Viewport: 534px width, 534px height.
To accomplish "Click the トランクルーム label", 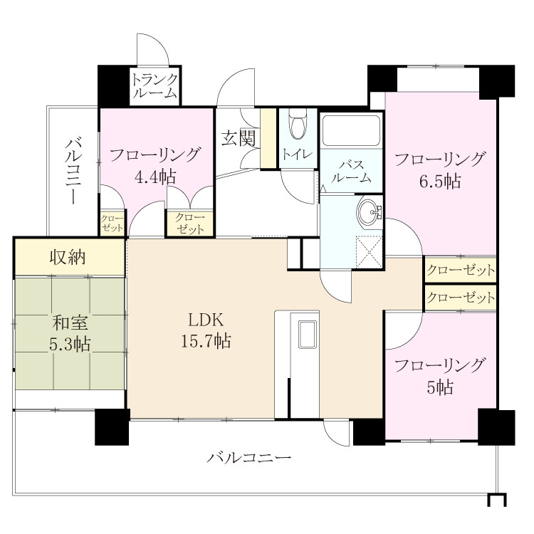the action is [155, 86].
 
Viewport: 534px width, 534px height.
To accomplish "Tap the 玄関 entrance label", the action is [239, 138].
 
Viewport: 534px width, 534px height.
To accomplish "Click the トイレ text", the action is [298, 155].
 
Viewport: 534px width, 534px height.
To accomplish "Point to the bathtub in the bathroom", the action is [351, 131].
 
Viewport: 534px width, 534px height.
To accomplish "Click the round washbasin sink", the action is [369, 212].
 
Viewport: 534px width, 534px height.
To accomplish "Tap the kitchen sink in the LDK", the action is [308, 335].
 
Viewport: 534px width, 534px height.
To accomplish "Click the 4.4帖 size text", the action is [155, 177].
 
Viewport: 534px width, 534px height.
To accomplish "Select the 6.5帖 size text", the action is [440, 181].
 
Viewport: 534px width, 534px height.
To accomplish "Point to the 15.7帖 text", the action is [206, 341].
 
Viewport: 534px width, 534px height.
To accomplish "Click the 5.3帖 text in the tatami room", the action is [70, 345].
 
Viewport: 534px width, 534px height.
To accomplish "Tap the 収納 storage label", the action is [68, 257].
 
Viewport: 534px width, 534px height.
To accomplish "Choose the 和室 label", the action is [70, 323].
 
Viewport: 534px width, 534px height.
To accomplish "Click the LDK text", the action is [206, 320].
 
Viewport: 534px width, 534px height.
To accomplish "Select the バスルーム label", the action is [351, 172].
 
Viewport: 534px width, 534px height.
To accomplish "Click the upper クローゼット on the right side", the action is [461, 271].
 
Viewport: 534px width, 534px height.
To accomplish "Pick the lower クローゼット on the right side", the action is [461, 298].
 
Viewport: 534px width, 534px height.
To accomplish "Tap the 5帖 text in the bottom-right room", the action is [440, 387].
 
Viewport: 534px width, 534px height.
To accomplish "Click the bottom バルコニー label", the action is [249, 457].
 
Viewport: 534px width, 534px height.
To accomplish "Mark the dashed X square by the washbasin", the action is [369, 252].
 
